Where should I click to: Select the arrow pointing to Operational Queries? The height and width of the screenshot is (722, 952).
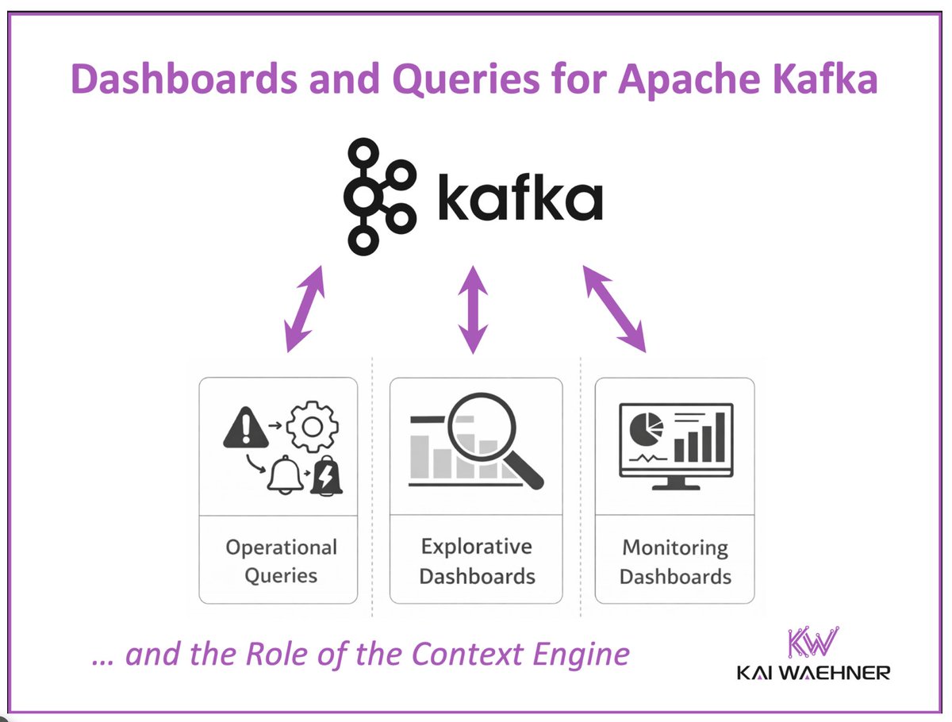305,309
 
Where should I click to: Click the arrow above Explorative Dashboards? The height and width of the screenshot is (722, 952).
474,309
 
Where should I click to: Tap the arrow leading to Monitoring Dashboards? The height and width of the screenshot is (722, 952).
615,309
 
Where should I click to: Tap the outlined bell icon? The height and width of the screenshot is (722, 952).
286,476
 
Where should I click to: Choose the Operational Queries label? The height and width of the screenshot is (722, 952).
281,561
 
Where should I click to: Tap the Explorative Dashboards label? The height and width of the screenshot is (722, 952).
477,560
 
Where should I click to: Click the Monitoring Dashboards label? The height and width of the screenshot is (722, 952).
675,561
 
